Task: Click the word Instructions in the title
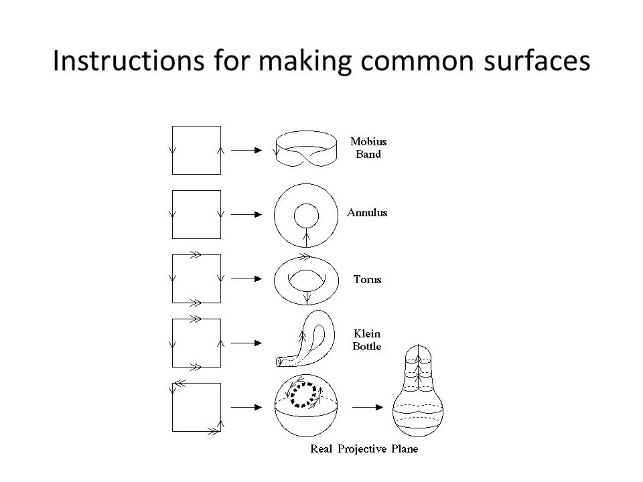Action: pyautogui.click(x=129, y=60)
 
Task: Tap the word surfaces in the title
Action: pyautogui.click(x=537, y=61)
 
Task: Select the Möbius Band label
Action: pyautogui.click(x=368, y=147)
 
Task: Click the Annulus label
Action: pyautogui.click(x=367, y=212)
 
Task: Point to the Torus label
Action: pyautogui.click(x=368, y=280)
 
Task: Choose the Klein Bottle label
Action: pyautogui.click(x=367, y=340)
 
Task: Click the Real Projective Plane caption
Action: pyautogui.click(x=364, y=449)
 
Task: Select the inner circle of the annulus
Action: pyautogui.click(x=306, y=204)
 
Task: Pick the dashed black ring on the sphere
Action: pyautogui.click(x=292, y=395)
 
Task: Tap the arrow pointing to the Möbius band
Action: pyautogui.click(x=246, y=151)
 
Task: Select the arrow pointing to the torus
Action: pyautogui.click(x=246, y=278)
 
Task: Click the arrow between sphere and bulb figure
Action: pyautogui.click(x=368, y=408)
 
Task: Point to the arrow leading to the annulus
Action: pyautogui.click(x=246, y=214)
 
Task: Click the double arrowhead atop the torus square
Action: pyautogui.click(x=196, y=254)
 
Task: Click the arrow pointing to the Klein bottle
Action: pyautogui.click(x=246, y=343)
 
